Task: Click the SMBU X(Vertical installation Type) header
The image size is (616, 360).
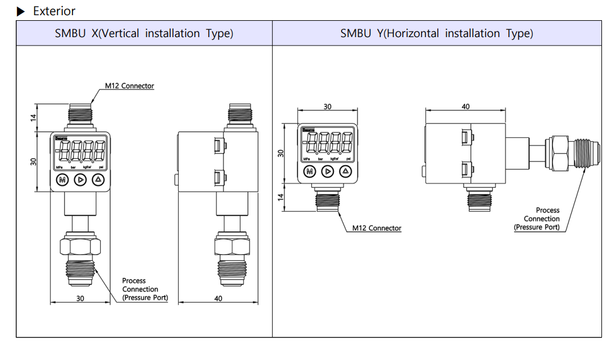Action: pos(144,33)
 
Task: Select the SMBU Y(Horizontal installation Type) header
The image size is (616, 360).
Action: pos(436,33)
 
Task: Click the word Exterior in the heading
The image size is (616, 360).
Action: pos(54,11)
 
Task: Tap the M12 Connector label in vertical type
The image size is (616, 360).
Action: pos(129,86)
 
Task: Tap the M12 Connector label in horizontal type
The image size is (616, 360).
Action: pos(377,228)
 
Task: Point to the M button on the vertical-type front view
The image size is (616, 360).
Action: pos(62,180)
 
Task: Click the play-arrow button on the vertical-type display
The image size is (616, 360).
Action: pos(80,180)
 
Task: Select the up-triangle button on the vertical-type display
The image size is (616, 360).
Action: pos(98,180)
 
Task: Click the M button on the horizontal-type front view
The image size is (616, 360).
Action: pos(308,172)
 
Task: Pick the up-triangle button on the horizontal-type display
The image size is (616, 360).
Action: pos(346,172)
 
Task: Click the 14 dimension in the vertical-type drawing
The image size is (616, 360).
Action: pos(33,118)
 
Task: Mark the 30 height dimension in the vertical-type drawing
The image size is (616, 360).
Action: pos(33,161)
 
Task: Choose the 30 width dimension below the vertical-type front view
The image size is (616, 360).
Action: pos(80,298)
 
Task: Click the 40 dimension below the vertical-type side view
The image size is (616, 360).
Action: pos(218,298)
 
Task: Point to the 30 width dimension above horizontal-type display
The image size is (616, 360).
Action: pos(327,106)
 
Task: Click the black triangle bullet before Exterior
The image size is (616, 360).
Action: pos(21,11)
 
